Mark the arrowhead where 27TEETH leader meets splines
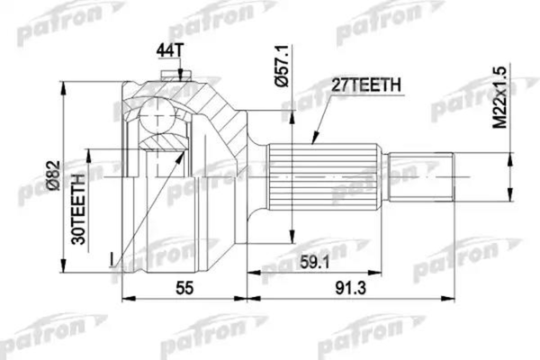[313, 140]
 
